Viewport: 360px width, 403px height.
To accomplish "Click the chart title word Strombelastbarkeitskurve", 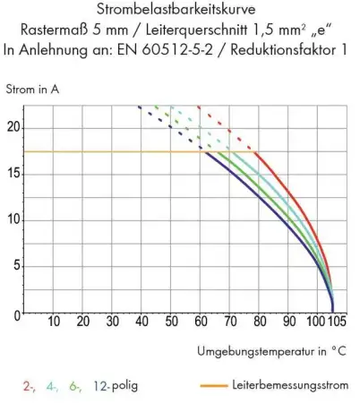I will coord(179,10).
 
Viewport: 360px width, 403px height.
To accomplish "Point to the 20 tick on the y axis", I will coord(13,126).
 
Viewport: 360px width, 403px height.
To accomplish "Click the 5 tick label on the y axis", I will coord(15,267).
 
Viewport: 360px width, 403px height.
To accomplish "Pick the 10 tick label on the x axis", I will coord(53,322).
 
